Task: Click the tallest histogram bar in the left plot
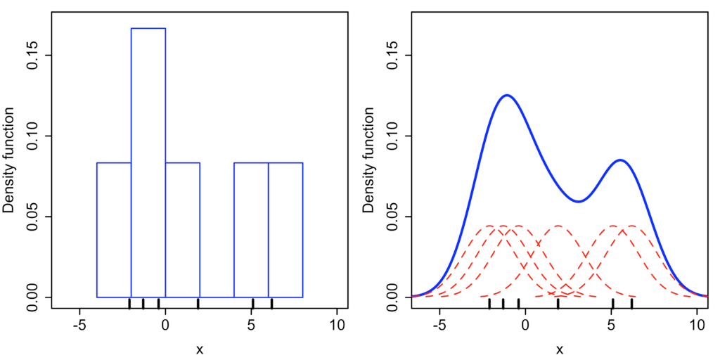coord(148,162)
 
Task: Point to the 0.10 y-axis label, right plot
coord(392,136)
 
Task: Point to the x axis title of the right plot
coord(560,349)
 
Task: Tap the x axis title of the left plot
coord(200,349)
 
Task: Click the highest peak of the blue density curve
coord(506,95)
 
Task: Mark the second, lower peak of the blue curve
coord(620,160)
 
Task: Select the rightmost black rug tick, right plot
coord(631,303)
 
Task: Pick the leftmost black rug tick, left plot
coord(129,303)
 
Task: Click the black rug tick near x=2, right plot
coord(558,303)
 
